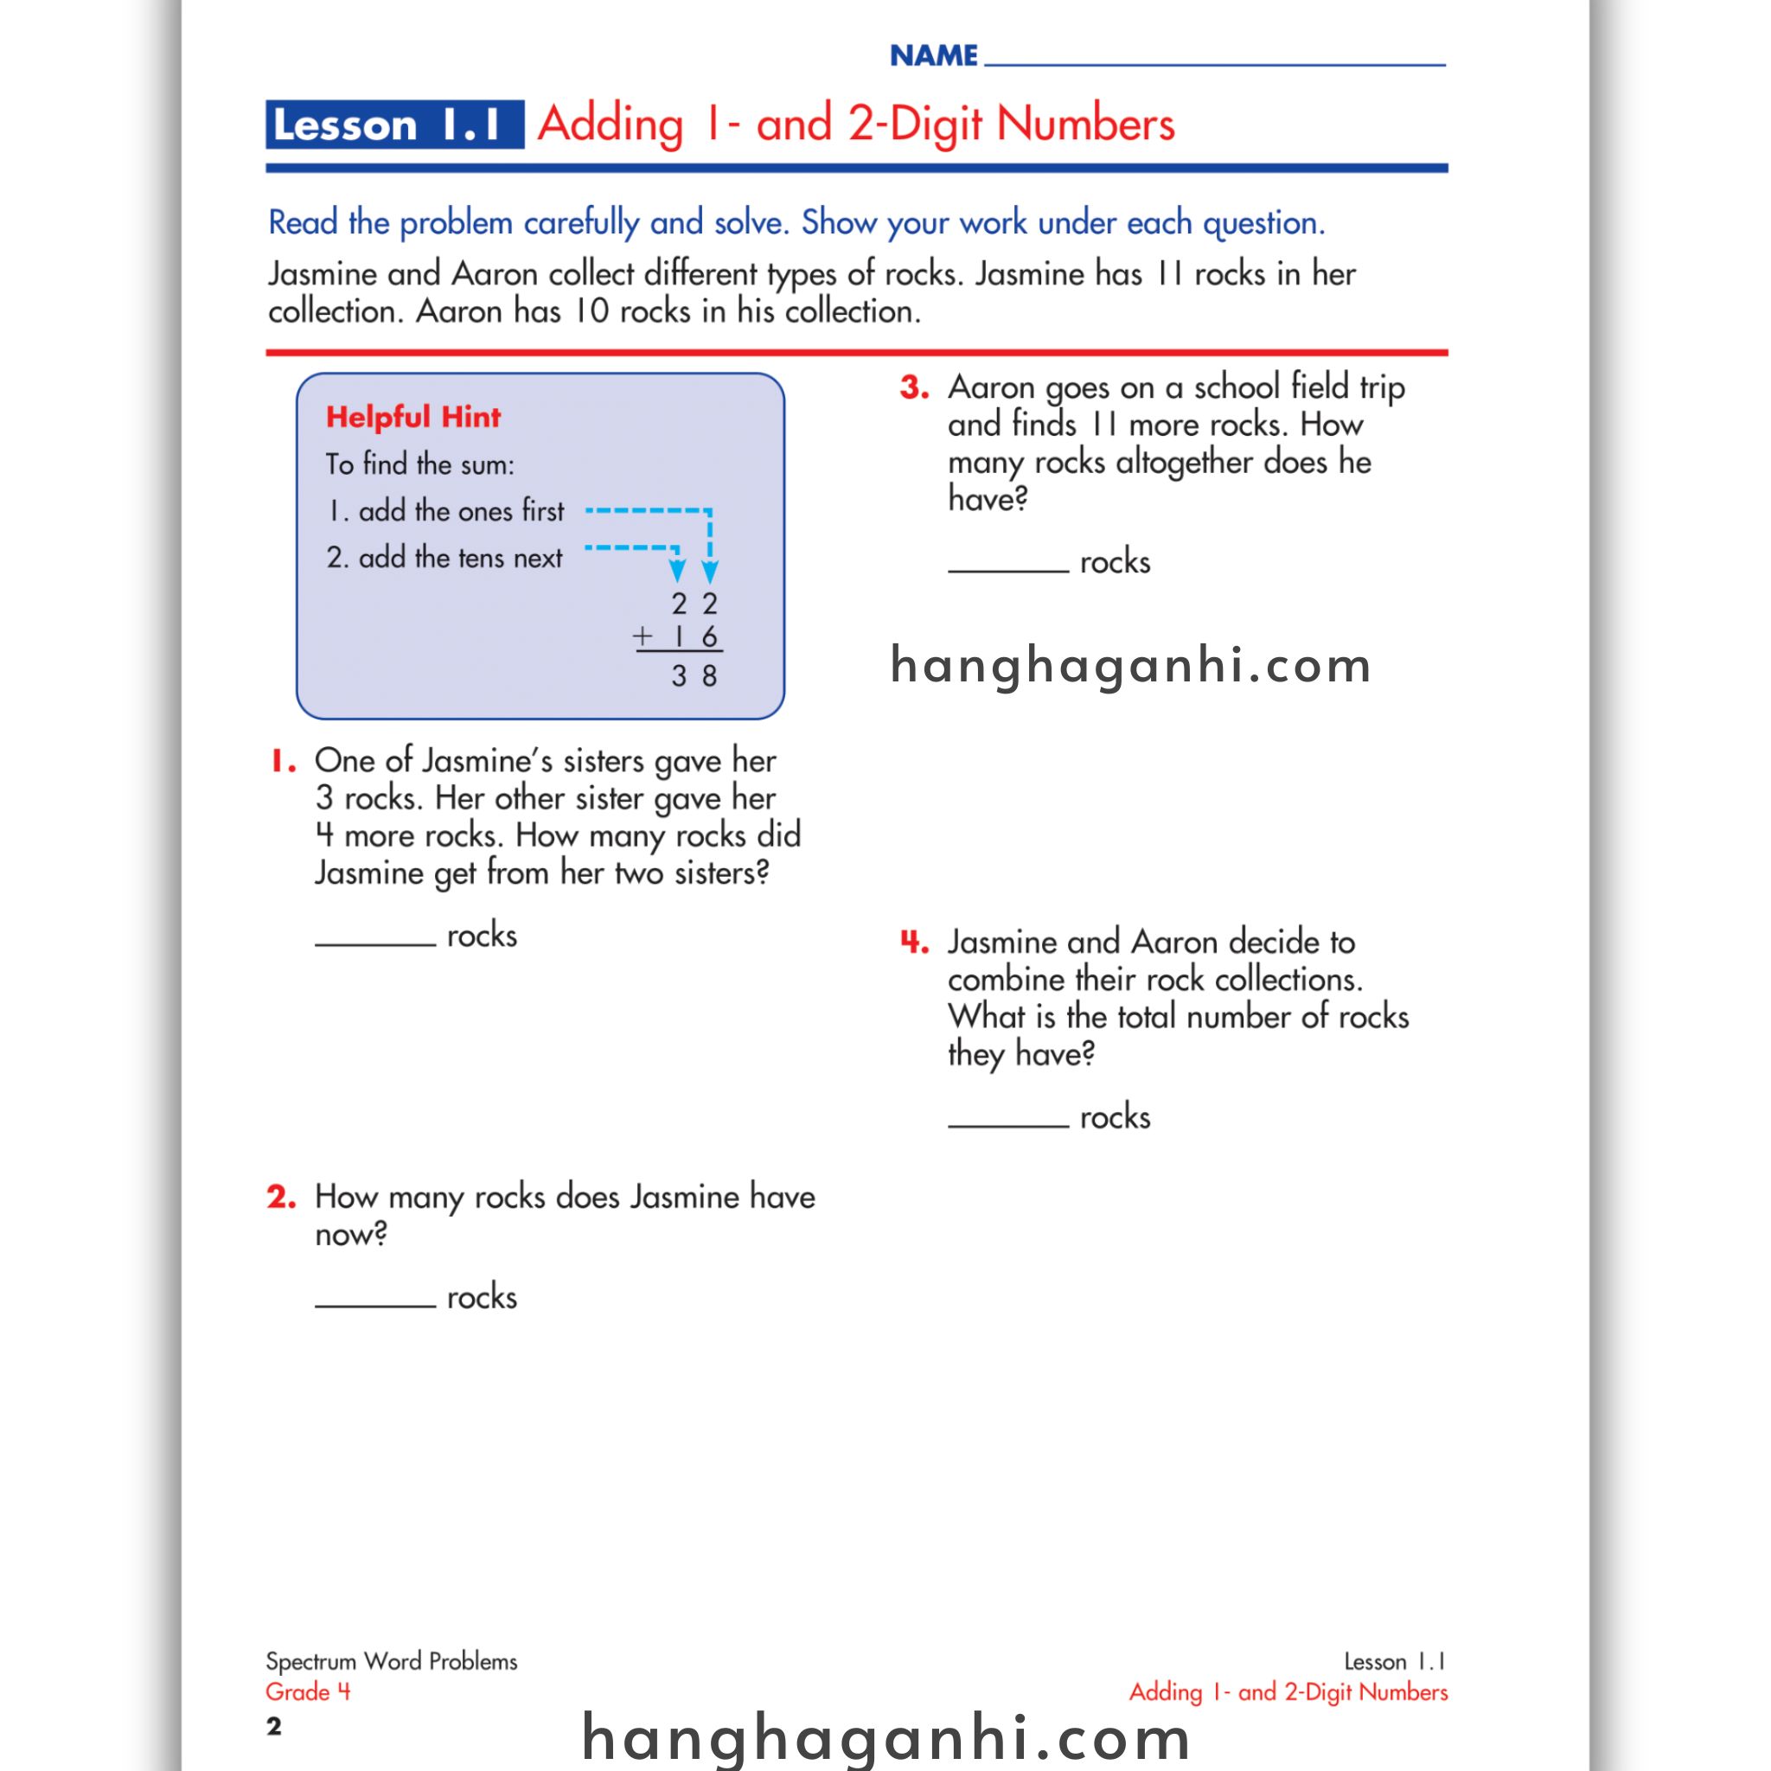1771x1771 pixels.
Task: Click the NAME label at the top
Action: [933, 56]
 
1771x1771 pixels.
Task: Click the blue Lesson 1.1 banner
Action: [394, 125]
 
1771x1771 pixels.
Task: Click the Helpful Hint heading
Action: [413, 417]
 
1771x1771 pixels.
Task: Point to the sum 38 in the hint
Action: [694, 676]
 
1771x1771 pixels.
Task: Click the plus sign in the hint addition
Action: [643, 636]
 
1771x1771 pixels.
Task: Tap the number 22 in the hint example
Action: [694, 604]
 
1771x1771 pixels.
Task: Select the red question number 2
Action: [281, 1197]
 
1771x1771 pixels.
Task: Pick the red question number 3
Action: [914, 387]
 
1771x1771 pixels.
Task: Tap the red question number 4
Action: [914, 943]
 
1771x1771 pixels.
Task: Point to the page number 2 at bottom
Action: [273, 1727]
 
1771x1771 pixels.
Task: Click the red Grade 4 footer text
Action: [308, 1692]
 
